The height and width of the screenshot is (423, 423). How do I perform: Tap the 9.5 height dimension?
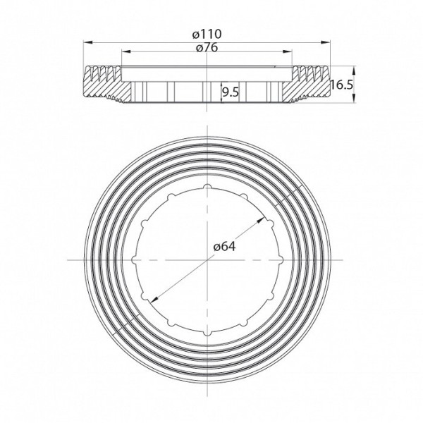(x=230, y=91)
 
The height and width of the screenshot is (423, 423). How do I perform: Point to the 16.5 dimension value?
(x=341, y=85)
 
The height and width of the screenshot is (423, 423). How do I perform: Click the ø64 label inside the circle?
(x=223, y=246)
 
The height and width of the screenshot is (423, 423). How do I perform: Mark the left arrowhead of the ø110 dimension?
(x=87, y=42)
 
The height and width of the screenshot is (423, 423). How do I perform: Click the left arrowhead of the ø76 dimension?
(x=125, y=51)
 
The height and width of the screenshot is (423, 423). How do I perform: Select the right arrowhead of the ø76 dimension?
(x=291, y=51)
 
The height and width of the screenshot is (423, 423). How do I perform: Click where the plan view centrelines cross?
(x=209, y=259)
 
